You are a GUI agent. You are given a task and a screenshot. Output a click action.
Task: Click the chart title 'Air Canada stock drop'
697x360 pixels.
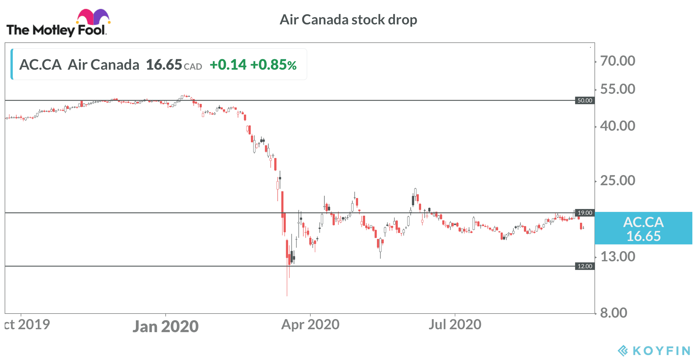tap(348, 20)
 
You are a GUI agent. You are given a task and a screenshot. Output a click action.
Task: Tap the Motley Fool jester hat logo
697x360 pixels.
tap(93, 17)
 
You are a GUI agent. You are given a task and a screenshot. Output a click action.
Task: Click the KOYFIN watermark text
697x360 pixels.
tap(661, 351)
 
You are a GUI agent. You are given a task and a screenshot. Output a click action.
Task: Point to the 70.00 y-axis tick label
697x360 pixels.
tap(618, 61)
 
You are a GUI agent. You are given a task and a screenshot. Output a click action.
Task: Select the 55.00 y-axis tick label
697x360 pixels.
tap(618, 89)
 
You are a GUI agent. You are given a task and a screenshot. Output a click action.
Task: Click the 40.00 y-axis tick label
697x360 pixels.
tap(618, 126)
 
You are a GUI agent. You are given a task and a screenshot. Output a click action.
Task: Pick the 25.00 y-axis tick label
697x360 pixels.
tap(618, 181)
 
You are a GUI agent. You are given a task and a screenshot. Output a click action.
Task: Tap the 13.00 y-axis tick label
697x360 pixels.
tap(618, 257)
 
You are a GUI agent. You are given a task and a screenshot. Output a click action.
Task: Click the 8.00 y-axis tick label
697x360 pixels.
tap(613, 313)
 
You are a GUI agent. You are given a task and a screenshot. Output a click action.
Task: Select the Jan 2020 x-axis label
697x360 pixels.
tap(166, 326)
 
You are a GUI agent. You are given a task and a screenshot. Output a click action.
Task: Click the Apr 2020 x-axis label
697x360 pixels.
tap(310, 325)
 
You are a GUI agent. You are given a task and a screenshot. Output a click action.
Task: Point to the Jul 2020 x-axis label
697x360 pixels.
tap(455, 325)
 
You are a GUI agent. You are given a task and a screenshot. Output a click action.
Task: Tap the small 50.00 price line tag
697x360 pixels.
tap(585, 100)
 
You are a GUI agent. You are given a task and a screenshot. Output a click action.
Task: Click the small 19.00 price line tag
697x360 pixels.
tap(585, 213)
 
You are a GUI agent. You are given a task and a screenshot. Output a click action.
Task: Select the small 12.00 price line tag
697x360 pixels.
tap(585, 266)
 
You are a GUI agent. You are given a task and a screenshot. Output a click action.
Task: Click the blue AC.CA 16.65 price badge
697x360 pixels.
tap(644, 228)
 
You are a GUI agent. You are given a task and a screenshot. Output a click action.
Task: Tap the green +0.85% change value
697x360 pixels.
tap(274, 65)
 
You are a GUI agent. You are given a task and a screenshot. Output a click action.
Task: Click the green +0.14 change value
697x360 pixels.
tap(228, 65)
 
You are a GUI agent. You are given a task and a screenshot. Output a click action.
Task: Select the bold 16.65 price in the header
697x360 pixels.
tap(164, 65)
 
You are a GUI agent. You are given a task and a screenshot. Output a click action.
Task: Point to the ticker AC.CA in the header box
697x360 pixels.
tap(40, 65)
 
